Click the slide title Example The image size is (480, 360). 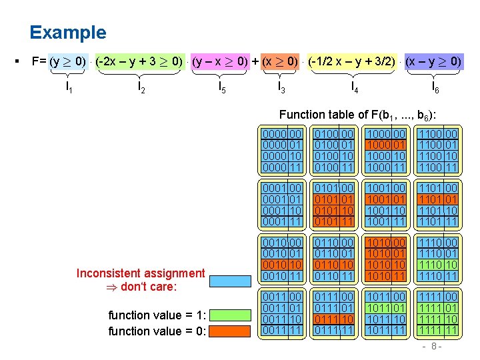pos(67,33)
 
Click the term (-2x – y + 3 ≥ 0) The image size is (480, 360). pos(139,62)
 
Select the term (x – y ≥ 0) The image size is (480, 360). pos(433,62)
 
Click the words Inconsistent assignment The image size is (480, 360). pos(141,273)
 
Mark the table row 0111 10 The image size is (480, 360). pos(334,320)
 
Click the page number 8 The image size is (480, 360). pos(433,347)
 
